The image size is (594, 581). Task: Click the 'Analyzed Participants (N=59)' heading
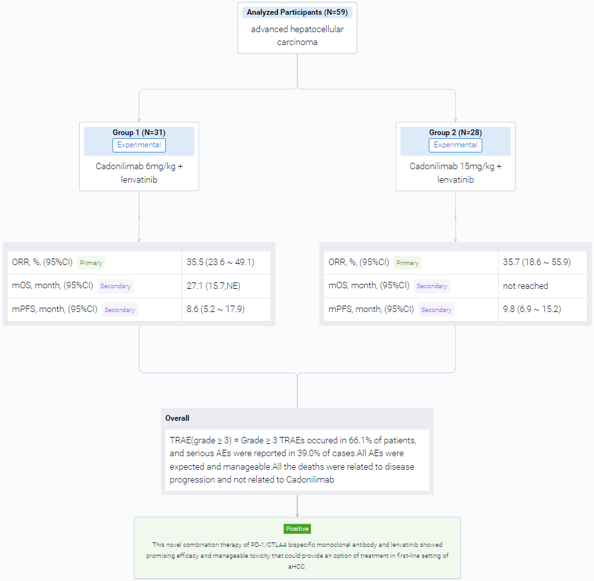click(x=297, y=12)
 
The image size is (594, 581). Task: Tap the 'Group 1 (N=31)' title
click(x=139, y=133)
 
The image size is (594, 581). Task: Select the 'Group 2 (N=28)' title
click(x=456, y=133)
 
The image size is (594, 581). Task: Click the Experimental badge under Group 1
click(x=139, y=145)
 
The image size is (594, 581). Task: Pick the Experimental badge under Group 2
click(x=456, y=145)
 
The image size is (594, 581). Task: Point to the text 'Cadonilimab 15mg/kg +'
click(x=456, y=166)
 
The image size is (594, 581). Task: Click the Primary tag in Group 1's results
click(x=91, y=263)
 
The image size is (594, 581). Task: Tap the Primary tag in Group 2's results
click(x=407, y=263)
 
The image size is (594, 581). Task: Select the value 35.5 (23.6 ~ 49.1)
click(x=221, y=262)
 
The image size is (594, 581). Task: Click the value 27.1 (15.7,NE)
click(x=213, y=286)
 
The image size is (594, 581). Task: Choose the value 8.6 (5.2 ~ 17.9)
click(x=216, y=309)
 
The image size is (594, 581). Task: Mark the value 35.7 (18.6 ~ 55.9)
click(x=537, y=262)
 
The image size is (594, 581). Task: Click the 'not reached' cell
click(x=525, y=286)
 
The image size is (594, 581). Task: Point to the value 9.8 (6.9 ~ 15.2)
click(x=532, y=309)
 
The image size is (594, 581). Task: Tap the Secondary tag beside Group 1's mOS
click(x=116, y=286)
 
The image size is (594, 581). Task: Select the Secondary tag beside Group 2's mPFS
click(x=436, y=310)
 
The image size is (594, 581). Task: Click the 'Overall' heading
click(x=177, y=418)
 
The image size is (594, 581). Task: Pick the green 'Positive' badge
click(x=297, y=529)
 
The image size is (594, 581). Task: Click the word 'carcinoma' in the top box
click(x=297, y=42)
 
